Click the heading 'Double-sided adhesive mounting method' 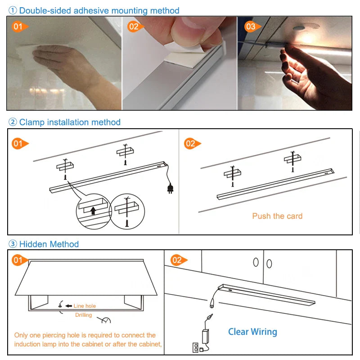(x=99, y=10)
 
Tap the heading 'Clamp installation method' (x=70, y=122)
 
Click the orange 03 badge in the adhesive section (x=251, y=27)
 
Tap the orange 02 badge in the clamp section (x=190, y=144)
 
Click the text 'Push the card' (x=277, y=216)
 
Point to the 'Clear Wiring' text (x=252, y=332)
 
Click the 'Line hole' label (x=85, y=306)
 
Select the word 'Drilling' (x=83, y=315)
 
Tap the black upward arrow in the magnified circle (x=93, y=210)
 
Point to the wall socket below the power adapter (x=196, y=347)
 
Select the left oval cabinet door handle (x=256, y=262)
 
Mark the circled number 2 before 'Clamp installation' (x=13, y=122)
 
